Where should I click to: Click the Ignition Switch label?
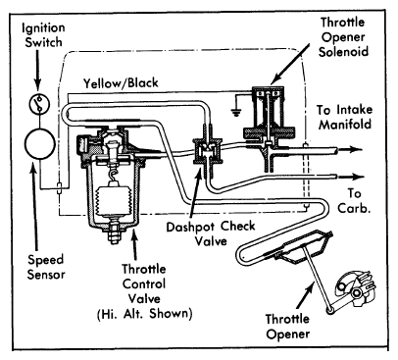pos(43,35)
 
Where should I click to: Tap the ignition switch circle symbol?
pos(39,104)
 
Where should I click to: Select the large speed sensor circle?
pos(40,144)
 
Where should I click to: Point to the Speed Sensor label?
pos(46,267)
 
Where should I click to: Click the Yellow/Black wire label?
pos(121,83)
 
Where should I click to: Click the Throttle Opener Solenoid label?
pos(343,37)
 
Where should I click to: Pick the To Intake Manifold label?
pos(344,117)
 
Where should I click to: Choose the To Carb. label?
pos(354,201)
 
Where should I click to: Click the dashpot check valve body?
pos(207,152)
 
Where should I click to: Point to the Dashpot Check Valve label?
pos(211,234)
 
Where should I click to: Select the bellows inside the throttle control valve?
pos(113,201)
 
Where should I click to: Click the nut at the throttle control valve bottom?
pos(114,233)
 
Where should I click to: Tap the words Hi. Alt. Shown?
pos(144,314)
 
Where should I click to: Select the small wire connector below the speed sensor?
pos(59,188)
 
